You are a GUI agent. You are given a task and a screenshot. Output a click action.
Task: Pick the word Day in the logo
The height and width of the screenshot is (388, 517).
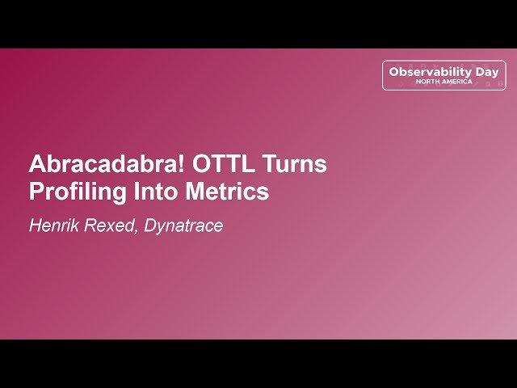[x=487, y=72]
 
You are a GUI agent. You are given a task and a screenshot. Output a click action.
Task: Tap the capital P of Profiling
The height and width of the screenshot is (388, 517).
[x=36, y=193]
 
